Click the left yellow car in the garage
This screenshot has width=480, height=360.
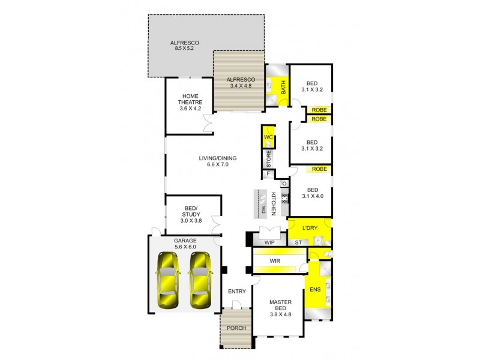[x=168, y=280]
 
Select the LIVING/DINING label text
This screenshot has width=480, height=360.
[x=218, y=158]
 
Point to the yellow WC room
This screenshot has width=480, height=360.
[x=269, y=138]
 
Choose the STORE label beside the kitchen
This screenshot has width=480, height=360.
[x=269, y=158]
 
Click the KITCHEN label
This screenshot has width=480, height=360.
[x=274, y=204]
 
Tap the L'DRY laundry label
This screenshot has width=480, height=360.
[x=310, y=228]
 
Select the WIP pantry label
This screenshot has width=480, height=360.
[x=269, y=242]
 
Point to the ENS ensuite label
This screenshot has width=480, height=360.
[x=316, y=290]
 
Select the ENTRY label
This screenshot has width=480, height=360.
[x=237, y=292]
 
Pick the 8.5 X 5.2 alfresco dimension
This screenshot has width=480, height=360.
[x=184, y=49]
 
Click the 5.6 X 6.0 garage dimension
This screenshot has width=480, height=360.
[x=185, y=246]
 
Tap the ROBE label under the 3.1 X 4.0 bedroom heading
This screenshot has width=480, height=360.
[x=319, y=169]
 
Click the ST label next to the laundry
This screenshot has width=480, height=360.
[x=298, y=242]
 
